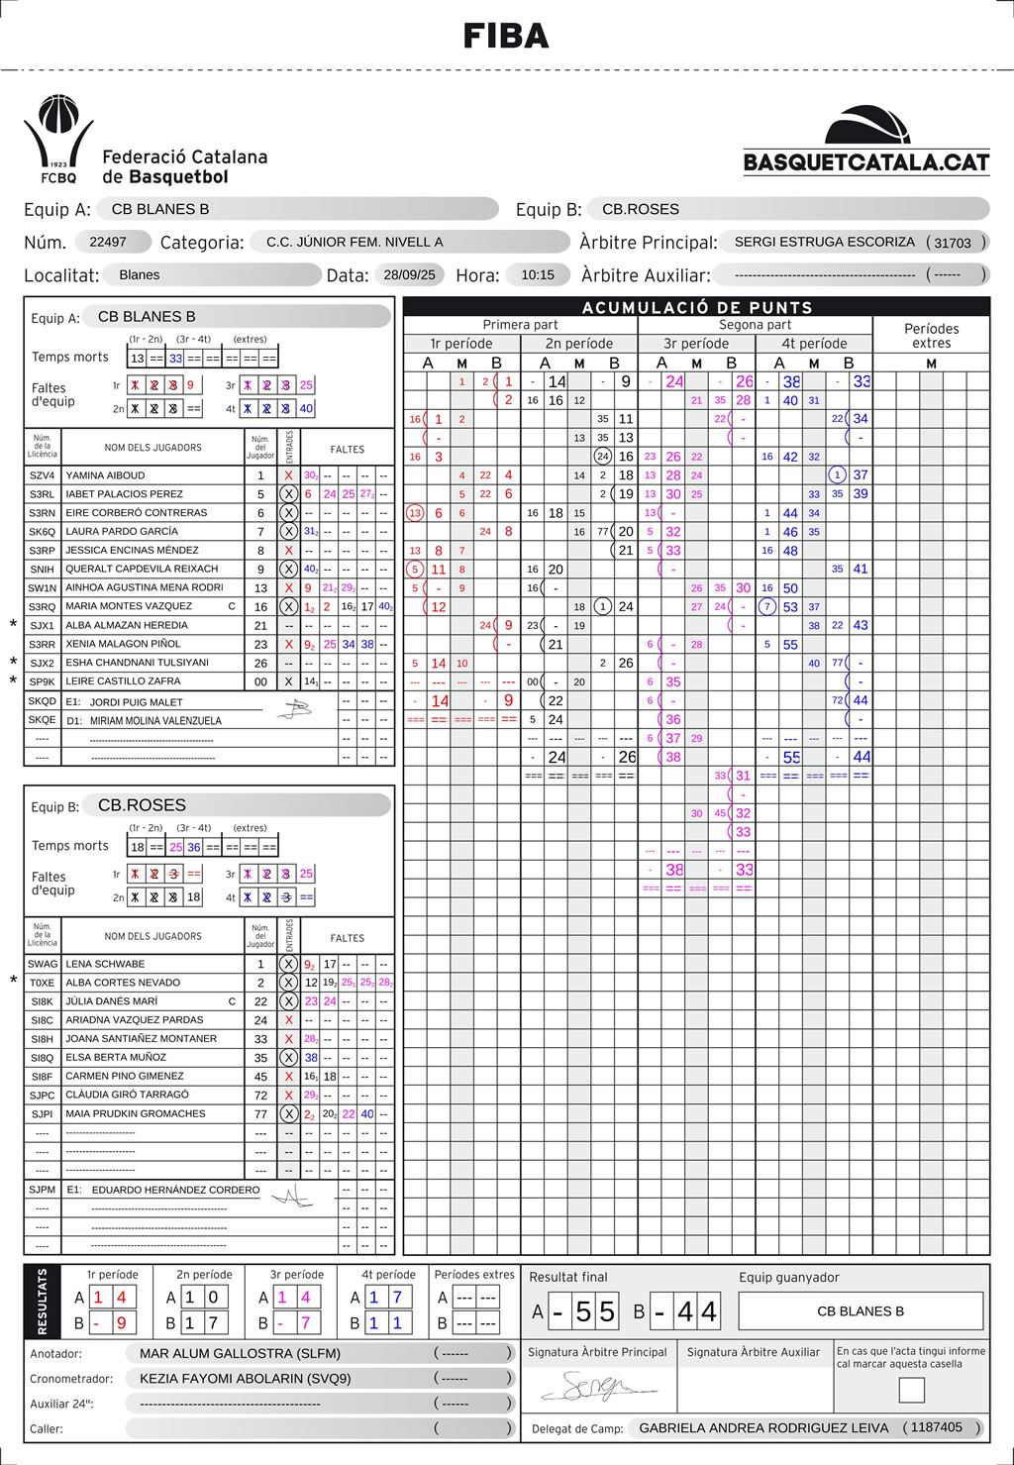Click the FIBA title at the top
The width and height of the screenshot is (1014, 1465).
coord(506,37)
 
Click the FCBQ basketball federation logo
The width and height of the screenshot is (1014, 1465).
coord(58,140)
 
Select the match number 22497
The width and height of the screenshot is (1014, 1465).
coord(108,242)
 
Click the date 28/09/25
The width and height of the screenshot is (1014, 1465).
coord(409,274)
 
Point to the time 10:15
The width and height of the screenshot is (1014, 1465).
coord(538,274)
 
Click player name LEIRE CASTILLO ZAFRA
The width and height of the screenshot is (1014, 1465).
coord(123,681)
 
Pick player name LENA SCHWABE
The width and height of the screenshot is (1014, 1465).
coord(105,964)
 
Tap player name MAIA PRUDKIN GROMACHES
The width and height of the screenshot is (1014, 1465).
coord(136,1113)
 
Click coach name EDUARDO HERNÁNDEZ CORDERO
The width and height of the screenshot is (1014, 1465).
coord(175,1190)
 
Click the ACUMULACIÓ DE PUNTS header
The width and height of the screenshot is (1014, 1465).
coord(696,307)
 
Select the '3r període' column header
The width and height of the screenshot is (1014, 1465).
coord(696,344)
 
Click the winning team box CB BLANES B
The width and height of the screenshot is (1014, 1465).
coord(860,1311)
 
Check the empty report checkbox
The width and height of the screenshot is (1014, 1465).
coord(911,1390)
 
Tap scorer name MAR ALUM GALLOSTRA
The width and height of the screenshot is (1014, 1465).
coord(240,1353)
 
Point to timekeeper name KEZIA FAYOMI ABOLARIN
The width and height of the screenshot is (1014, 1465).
coord(246,1378)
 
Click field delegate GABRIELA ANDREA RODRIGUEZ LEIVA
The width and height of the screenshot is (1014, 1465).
coord(763,1427)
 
